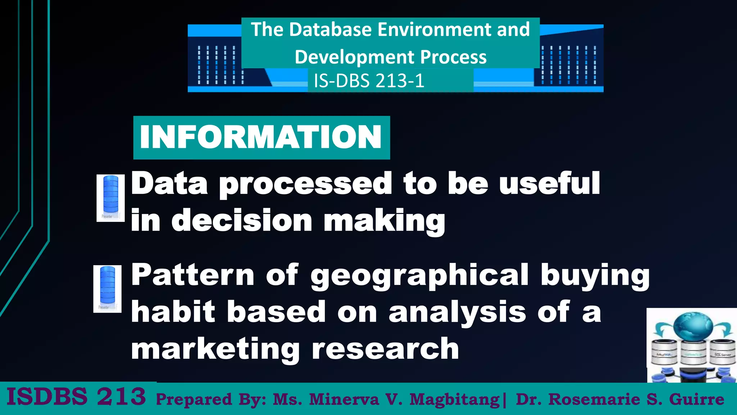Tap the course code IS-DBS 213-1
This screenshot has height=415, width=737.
(x=369, y=81)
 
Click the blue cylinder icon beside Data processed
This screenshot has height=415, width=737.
(x=110, y=197)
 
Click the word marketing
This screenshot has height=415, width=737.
(x=215, y=349)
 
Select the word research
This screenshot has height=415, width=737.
(x=385, y=349)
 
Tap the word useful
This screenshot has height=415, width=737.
(x=550, y=183)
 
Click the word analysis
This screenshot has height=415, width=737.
(x=457, y=312)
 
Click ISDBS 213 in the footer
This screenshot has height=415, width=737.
(x=76, y=397)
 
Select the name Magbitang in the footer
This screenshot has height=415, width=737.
(x=455, y=400)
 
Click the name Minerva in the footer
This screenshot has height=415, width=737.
(x=344, y=400)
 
